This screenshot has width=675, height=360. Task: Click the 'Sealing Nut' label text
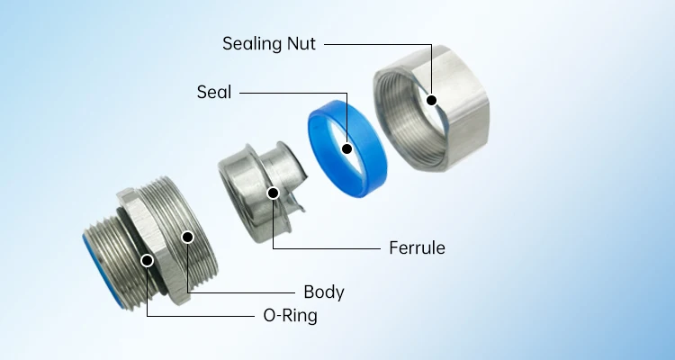[269, 42]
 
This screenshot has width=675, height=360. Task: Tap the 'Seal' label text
[213, 92]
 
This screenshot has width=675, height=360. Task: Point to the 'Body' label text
[324, 292]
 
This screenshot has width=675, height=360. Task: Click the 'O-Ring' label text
[283, 316]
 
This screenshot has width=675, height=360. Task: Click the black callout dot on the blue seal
[346, 147]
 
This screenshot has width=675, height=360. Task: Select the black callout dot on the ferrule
[273, 192]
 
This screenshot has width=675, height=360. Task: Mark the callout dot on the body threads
[187, 237]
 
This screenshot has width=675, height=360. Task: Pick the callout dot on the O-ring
[148, 261]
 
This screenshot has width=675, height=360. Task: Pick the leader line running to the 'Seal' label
[297, 92]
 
